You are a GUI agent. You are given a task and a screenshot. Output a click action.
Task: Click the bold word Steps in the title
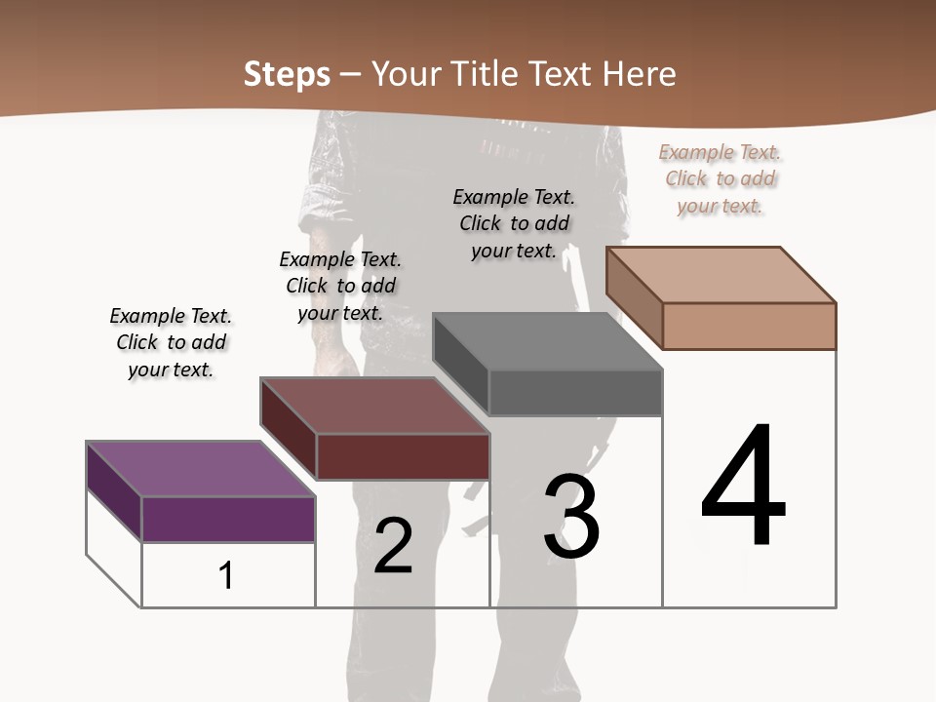point(287,74)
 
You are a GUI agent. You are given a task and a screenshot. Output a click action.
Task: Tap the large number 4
point(743,487)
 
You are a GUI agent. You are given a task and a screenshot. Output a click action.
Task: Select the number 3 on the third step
point(571,517)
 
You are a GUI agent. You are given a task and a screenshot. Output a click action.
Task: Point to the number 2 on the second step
point(394,546)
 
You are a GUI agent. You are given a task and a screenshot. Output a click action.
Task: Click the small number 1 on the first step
point(226,576)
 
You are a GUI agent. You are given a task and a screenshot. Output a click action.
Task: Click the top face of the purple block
point(201,470)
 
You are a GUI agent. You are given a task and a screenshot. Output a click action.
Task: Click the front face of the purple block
point(229,520)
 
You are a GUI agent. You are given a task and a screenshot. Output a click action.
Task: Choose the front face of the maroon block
point(403,456)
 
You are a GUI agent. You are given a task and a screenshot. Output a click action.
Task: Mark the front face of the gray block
point(575,393)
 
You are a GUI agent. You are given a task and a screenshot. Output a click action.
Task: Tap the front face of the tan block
point(749,326)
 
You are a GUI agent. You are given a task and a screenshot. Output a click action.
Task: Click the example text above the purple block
point(171,342)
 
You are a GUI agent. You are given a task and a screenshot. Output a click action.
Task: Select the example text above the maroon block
point(340,286)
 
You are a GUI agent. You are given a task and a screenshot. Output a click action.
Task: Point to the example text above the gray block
point(514,223)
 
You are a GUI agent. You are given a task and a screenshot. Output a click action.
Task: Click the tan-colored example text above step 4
point(721,178)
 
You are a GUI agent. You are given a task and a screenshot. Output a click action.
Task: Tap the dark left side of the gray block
point(460,366)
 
